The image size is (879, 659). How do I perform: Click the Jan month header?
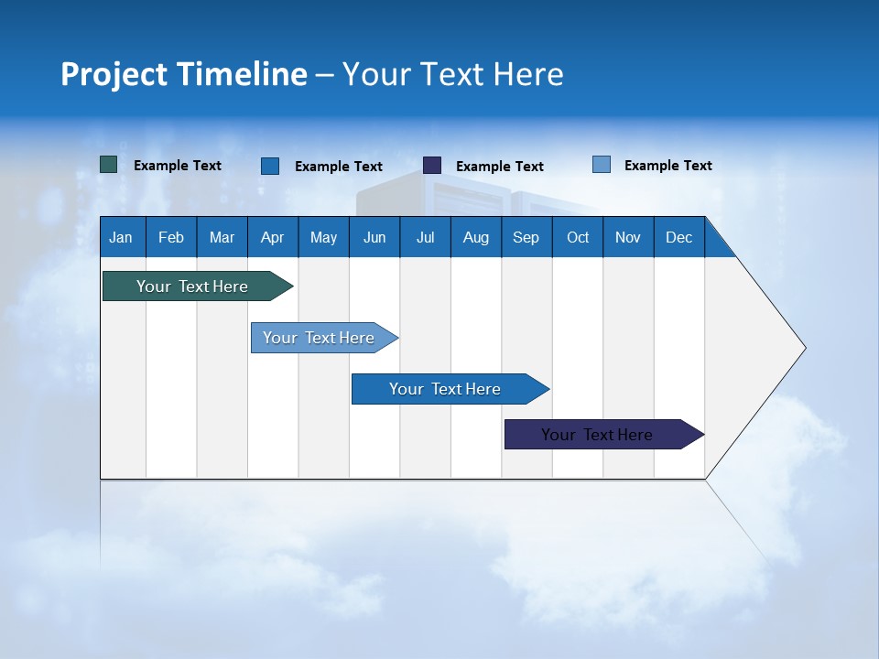122,237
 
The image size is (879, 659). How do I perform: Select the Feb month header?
171,237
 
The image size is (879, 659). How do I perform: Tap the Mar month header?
222,237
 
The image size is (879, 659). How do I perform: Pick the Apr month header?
273,237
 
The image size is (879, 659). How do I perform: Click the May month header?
323,237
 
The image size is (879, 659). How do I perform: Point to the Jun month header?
374,237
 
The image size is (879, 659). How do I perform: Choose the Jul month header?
425,237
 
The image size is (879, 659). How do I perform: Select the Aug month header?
476,237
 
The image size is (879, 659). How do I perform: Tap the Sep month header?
526,237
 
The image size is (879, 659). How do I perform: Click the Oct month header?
578,237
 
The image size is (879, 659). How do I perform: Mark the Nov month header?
628,237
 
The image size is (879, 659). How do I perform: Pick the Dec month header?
679,237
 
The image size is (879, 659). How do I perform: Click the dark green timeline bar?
193,286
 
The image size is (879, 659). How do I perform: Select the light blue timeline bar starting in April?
320,338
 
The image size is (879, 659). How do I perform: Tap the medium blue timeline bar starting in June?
446,389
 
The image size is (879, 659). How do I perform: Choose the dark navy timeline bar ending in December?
598,435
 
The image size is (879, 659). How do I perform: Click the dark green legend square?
109,165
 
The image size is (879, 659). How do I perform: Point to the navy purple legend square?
432,166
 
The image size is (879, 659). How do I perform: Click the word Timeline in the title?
242,74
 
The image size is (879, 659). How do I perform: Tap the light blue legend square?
602,165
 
